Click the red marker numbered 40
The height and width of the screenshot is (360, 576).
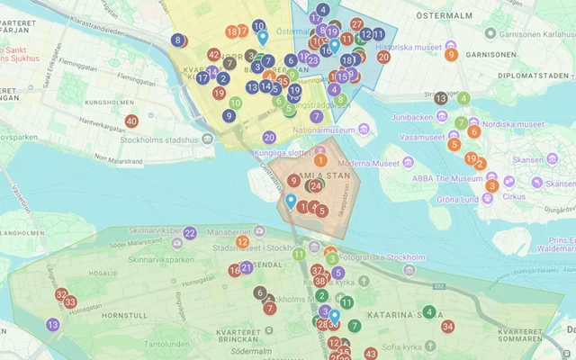click(131, 121)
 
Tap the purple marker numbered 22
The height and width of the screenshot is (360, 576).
click(190, 233)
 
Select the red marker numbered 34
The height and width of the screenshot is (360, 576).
click(447, 327)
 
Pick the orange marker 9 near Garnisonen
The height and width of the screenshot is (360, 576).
click(451, 54)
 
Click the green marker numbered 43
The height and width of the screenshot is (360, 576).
click(371, 354)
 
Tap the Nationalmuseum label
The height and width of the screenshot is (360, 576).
click(326, 130)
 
